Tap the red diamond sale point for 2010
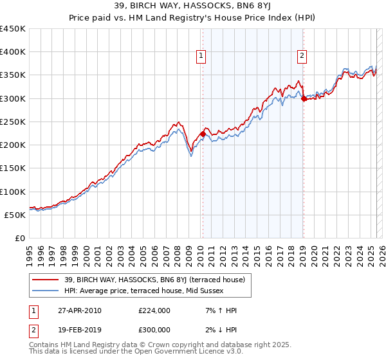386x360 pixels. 203,134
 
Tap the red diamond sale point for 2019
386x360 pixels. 303,98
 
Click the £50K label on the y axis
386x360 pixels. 15,215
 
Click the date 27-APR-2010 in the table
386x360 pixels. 78,310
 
